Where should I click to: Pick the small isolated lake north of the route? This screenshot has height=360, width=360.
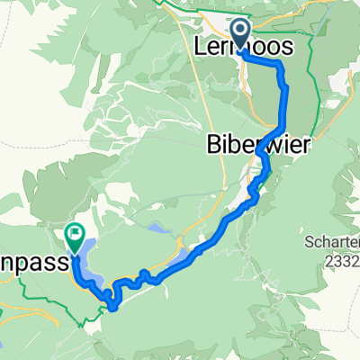coord(157,230)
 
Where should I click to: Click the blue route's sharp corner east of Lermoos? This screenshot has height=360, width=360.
coord(281,65)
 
